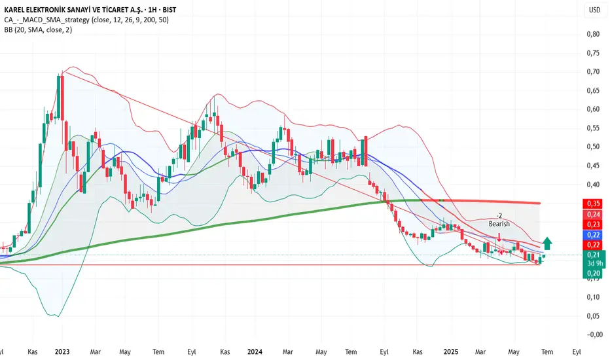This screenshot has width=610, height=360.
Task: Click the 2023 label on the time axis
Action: [63, 351]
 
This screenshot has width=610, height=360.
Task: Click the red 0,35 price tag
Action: [593, 204]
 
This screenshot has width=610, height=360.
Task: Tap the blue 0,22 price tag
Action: [593, 234]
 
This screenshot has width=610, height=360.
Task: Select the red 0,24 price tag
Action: [593, 214]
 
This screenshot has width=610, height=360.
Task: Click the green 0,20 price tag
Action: [593, 273]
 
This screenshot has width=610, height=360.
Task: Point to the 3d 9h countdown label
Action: [593, 264]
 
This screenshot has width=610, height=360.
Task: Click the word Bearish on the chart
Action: [499, 224]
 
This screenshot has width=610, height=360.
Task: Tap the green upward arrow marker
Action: [548, 243]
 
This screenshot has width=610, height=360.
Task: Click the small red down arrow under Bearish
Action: [499, 237]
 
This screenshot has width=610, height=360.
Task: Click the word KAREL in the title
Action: [18, 10]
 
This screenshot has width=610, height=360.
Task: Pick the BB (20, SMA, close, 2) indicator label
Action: [40, 31]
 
